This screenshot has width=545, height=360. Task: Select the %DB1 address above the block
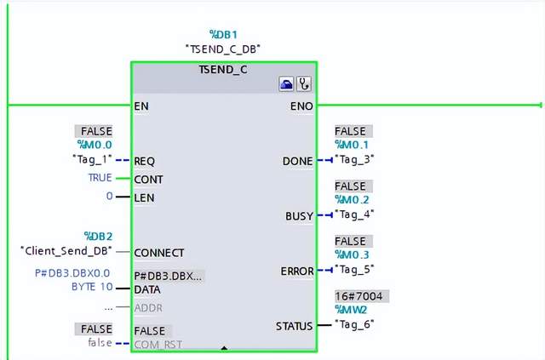click(x=224, y=34)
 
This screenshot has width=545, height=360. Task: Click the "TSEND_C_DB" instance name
click(x=224, y=49)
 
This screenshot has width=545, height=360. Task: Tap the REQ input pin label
click(x=144, y=160)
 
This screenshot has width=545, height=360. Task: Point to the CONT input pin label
click(x=148, y=180)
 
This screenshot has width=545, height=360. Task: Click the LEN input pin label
click(x=143, y=197)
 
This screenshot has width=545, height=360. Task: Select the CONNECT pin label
click(x=159, y=253)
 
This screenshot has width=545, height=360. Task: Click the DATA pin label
click(x=147, y=290)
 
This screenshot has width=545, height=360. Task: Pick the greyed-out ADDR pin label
click(x=148, y=307)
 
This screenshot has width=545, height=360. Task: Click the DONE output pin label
click(x=297, y=160)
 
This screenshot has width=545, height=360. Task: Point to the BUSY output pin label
click(x=299, y=216)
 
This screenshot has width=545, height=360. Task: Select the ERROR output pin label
click(x=297, y=271)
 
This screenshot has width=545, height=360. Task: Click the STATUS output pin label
click(x=294, y=325)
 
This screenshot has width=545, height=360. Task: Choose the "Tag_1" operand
click(x=90, y=160)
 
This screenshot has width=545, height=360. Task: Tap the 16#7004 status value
click(x=362, y=296)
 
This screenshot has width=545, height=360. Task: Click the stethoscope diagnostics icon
click(x=303, y=84)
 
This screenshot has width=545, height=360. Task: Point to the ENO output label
click(x=302, y=106)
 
